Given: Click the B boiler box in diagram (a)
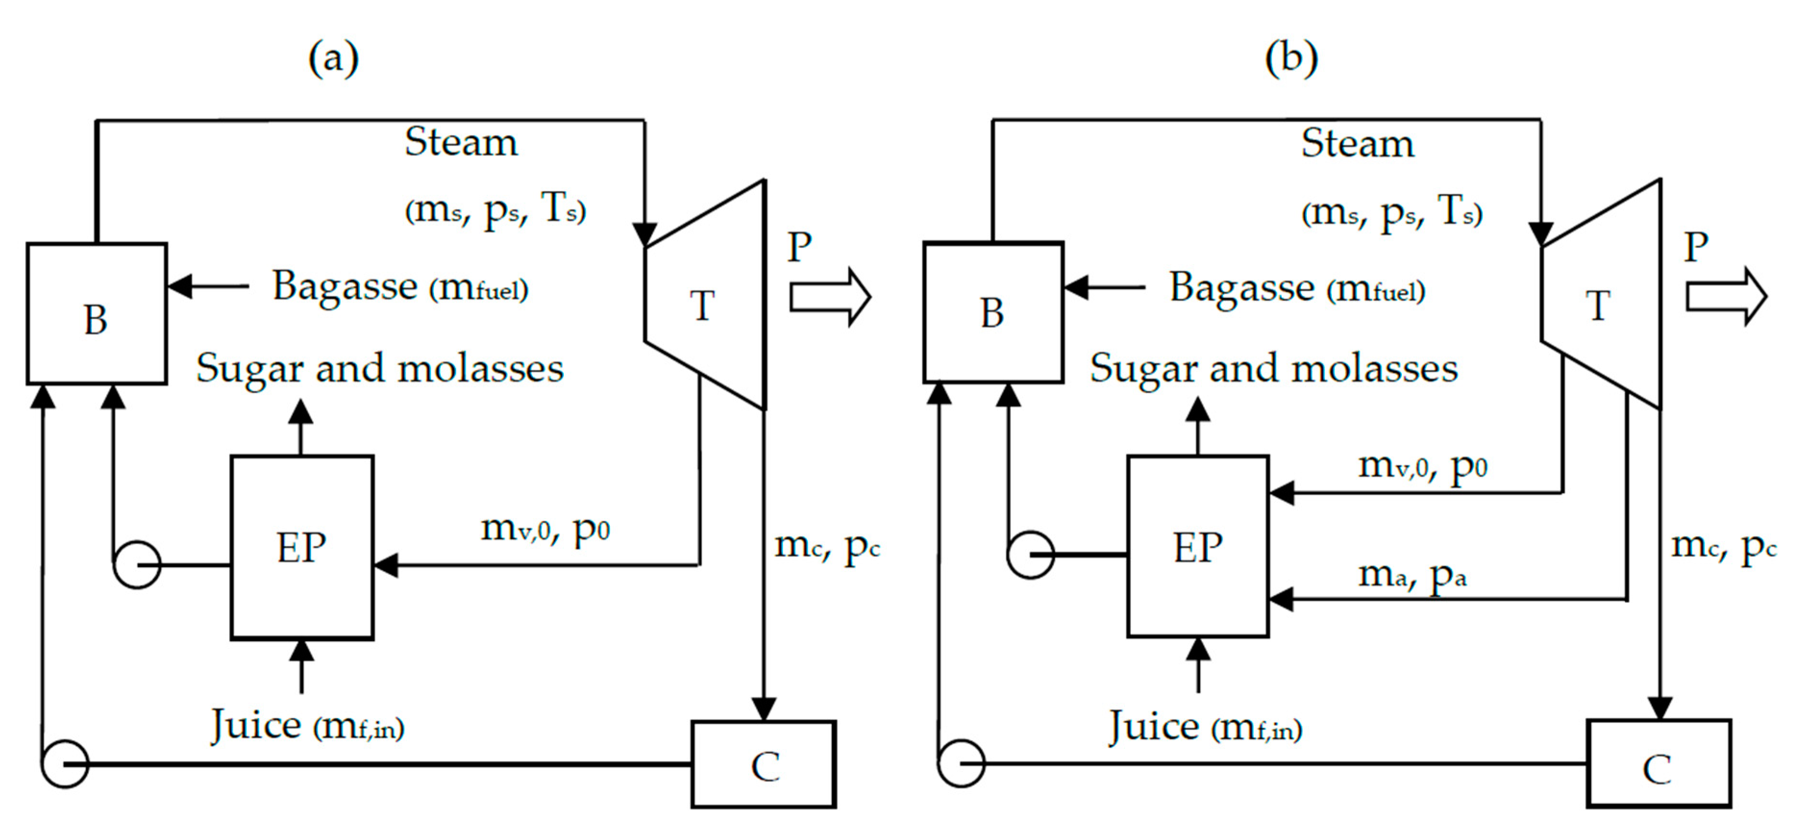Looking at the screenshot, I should (96, 313).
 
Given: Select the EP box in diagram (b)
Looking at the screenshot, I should (1197, 546).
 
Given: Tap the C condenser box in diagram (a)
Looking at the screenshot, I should (763, 764).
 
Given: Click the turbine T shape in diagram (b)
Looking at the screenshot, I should (1603, 299).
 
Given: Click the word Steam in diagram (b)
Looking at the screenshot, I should (1357, 144).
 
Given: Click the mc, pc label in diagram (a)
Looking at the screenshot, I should (827, 546).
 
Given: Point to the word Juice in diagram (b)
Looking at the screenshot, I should (1154, 727).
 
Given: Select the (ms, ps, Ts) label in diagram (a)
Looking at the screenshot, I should (495, 208).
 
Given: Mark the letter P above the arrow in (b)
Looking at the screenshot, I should (1696, 247).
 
